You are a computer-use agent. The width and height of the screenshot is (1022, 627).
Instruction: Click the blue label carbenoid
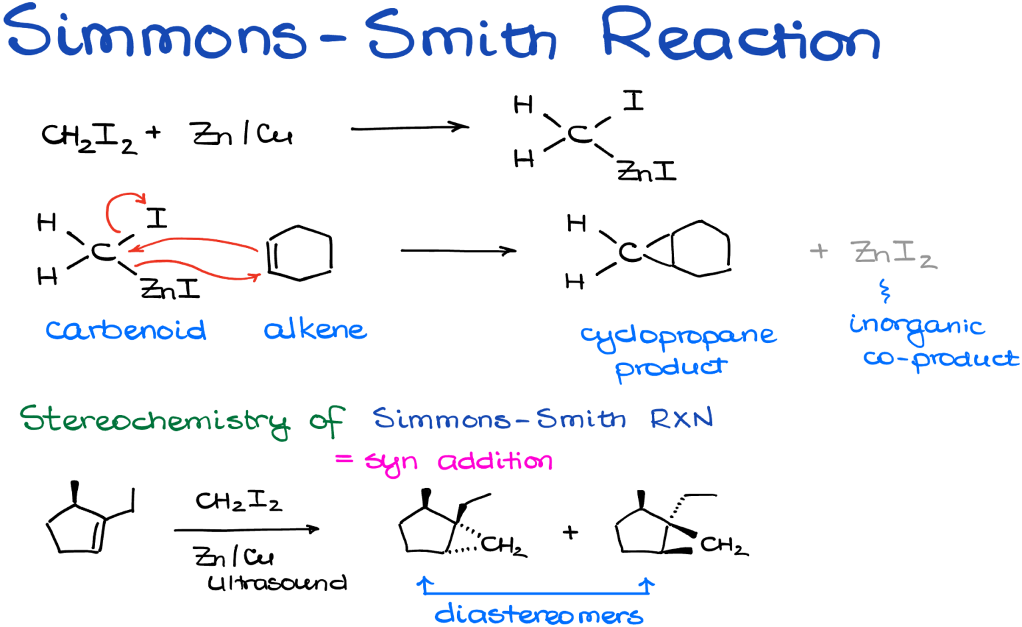[x=126, y=330]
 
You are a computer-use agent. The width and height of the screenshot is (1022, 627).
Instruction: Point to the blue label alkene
[x=315, y=329]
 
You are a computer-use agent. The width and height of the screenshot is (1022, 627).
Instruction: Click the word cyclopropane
[x=677, y=336]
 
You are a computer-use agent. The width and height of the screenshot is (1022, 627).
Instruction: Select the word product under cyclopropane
[x=671, y=368]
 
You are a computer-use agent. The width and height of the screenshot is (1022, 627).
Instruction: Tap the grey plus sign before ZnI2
[x=819, y=251]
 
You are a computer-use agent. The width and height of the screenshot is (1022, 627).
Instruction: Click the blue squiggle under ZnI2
[x=884, y=291]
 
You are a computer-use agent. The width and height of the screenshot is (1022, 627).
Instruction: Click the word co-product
[x=941, y=360]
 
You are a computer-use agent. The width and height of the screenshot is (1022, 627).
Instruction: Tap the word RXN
[x=681, y=419]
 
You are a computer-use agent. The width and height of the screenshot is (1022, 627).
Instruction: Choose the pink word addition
[x=494, y=461]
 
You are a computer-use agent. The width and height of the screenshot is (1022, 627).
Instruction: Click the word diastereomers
[x=539, y=615]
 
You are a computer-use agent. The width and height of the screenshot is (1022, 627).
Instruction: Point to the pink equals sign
[x=344, y=459]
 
